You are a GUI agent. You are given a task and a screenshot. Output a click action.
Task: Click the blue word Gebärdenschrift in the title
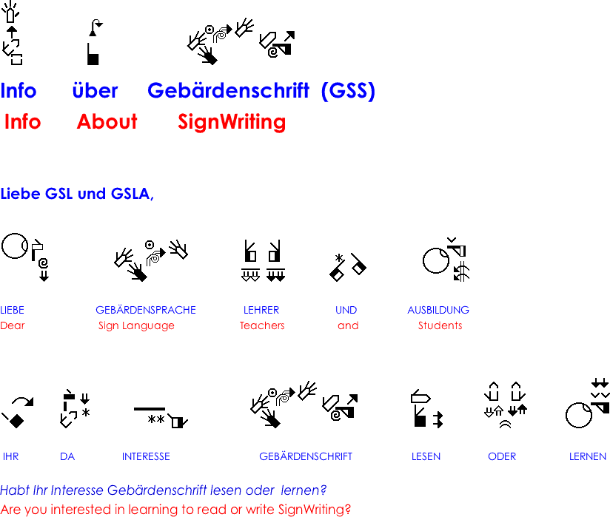(x=228, y=90)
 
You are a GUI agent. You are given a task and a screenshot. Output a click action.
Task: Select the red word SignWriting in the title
(x=232, y=122)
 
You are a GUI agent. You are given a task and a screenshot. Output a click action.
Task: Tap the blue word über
(x=95, y=90)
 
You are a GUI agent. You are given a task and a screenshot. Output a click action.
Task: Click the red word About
(x=107, y=121)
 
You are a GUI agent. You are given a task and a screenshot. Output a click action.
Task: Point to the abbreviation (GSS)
(x=348, y=91)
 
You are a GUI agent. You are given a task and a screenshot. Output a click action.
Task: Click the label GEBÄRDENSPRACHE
(x=146, y=310)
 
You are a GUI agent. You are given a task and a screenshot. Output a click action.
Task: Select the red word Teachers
(x=262, y=325)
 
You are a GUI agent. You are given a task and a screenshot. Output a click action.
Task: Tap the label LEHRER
(x=261, y=310)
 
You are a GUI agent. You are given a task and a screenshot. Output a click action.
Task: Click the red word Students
(x=440, y=325)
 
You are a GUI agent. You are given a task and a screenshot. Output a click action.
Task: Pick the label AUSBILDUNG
(x=438, y=310)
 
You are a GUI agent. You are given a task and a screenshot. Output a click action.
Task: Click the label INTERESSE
(x=146, y=456)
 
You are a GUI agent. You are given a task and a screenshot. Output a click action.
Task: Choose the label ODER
(x=502, y=456)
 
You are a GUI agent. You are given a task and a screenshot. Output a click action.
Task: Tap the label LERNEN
(x=588, y=456)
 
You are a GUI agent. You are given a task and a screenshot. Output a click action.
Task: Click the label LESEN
(x=426, y=456)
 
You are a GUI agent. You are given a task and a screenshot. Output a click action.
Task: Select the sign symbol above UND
(x=347, y=267)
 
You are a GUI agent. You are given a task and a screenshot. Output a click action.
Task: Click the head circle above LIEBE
(x=15, y=246)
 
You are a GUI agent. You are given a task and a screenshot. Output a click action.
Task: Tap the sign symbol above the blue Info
(x=12, y=33)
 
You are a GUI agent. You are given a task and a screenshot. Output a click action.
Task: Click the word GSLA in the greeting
(x=133, y=194)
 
